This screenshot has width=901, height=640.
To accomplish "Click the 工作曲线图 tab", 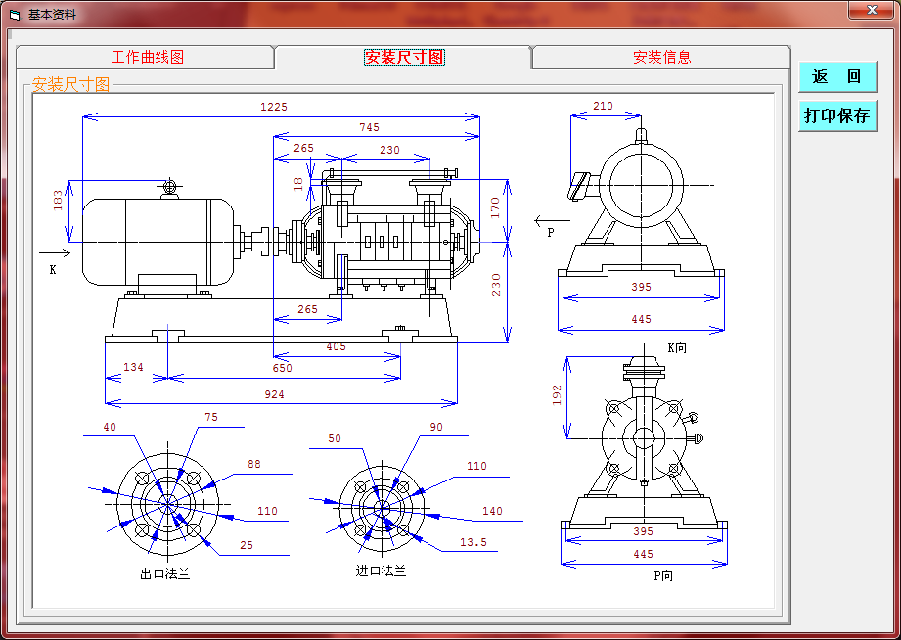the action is (146, 57).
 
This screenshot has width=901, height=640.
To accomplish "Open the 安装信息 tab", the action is (661, 57).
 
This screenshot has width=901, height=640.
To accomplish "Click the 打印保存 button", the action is (837, 115).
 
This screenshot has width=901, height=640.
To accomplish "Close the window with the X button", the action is (871, 10).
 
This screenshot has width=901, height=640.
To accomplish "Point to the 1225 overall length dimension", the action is (274, 107).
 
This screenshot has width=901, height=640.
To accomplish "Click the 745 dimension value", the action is (370, 127).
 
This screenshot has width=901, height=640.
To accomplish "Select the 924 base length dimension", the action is (274, 394).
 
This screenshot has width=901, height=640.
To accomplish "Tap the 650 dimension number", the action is (282, 368).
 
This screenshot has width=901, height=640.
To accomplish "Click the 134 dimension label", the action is (133, 367).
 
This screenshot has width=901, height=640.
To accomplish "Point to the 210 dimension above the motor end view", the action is (603, 106).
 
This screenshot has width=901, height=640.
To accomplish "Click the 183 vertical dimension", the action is (58, 200).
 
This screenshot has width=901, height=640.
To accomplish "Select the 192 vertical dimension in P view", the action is (557, 395).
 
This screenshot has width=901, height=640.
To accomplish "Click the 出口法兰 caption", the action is (165, 573).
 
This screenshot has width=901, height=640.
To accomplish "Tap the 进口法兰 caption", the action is (381, 571).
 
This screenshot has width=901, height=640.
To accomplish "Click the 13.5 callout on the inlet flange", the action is (473, 542).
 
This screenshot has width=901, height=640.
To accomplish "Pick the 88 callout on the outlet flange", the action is (254, 464).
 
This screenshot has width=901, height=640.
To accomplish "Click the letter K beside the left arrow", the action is (53, 270).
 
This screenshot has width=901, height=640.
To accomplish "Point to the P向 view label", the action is (663, 575).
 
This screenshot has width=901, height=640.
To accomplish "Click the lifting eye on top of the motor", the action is (170, 187).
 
